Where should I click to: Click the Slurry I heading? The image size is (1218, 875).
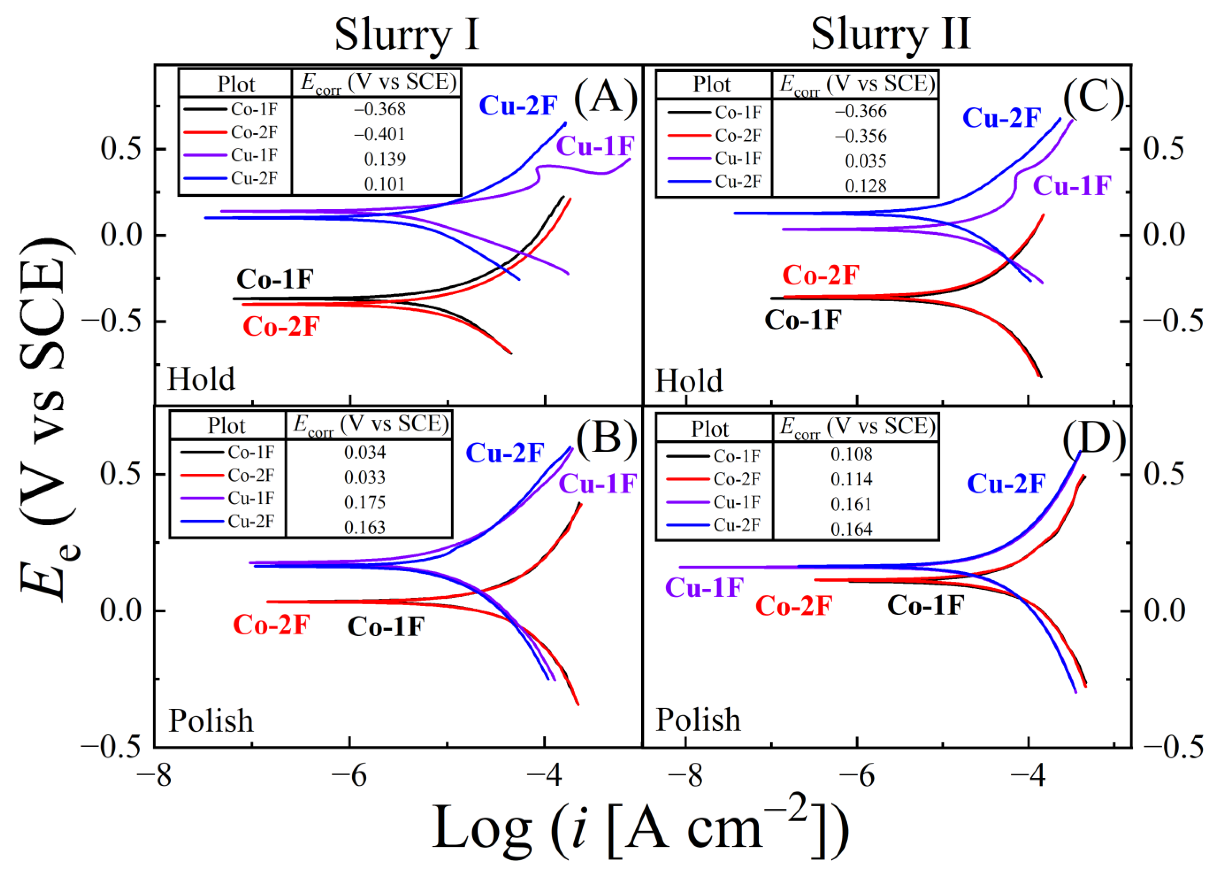click(406, 35)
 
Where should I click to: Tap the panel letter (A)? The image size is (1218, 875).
click(605, 97)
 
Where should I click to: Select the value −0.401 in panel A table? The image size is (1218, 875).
click(379, 134)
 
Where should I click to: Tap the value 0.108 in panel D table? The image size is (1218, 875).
click(851, 454)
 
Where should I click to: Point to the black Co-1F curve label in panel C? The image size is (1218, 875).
click(803, 320)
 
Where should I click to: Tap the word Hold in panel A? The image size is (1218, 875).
click(201, 379)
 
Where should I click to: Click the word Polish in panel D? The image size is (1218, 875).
click(698, 720)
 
